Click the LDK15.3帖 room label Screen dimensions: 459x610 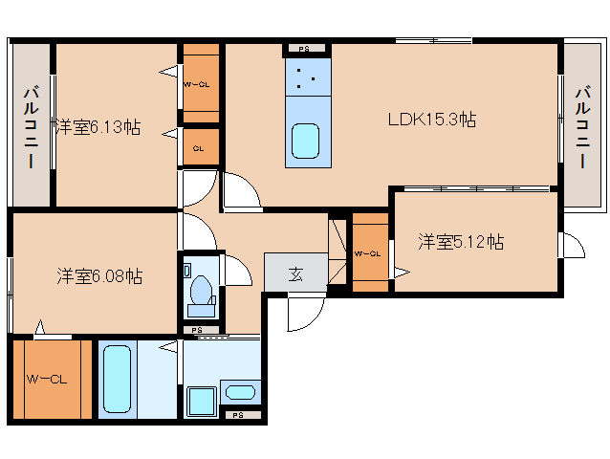point(432,120)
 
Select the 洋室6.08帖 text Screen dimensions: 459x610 point(98,276)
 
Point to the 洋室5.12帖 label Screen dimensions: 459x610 point(460,242)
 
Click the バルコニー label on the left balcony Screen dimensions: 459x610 point(30,127)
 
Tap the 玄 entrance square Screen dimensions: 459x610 point(295,273)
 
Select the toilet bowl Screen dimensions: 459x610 point(202,288)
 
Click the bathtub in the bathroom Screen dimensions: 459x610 point(115,379)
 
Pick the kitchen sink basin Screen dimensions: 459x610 point(306,142)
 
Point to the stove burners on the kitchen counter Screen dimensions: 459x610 point(306,78)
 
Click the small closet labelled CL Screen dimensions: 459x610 point(199,148)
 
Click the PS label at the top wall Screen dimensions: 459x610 point(304,49)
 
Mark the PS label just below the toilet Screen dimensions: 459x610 point(197,330)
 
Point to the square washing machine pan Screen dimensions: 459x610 point(201,401)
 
